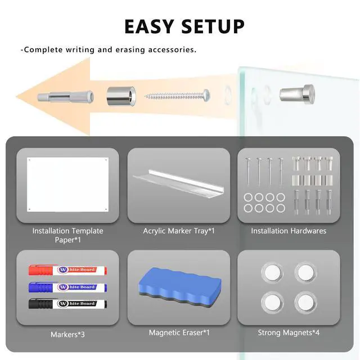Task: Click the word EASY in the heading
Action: (149, 26)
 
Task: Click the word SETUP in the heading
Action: (213, 26)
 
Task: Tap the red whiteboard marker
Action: (67, 270)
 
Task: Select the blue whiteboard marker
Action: (67, 287)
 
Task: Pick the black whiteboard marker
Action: (67, 304)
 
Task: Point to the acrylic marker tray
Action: (179, 183)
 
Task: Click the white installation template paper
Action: (67, 184)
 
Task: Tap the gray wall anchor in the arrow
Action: (66, 97)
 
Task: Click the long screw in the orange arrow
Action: (177, 95)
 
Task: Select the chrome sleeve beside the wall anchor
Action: (121, 96)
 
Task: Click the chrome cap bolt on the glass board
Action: (297, 94)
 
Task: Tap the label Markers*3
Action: (67, 335)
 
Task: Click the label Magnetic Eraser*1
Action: (179, 332)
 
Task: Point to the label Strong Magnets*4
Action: (289, 332)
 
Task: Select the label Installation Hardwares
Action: (289, 231)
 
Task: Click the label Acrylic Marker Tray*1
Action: (179, 231)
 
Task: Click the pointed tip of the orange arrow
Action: (16, 96)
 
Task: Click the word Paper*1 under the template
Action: (67, 240)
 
